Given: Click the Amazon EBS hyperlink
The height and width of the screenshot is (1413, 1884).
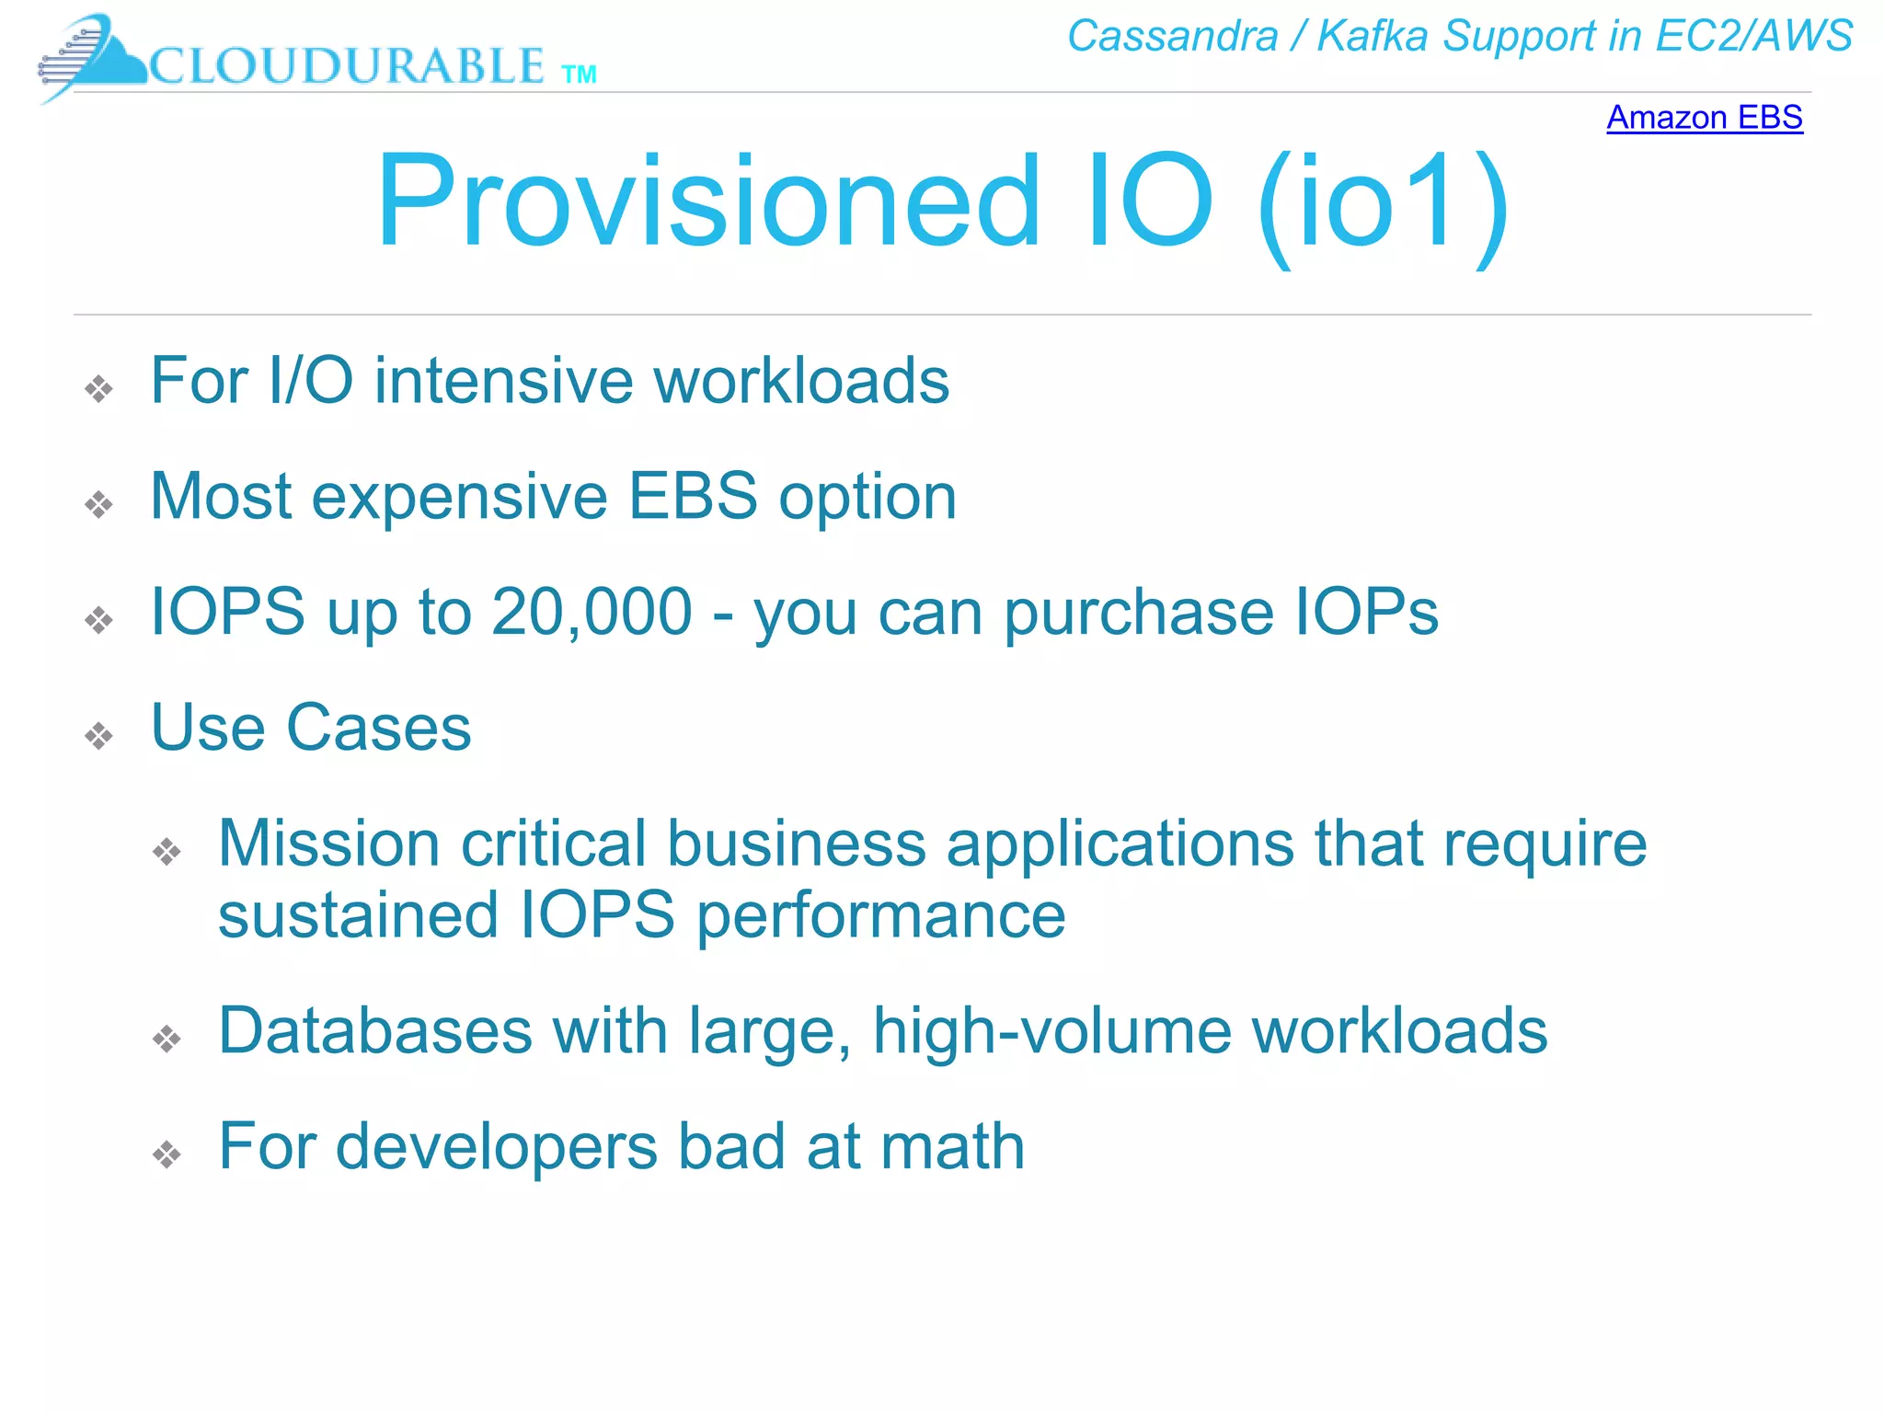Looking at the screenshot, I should [1704, 118].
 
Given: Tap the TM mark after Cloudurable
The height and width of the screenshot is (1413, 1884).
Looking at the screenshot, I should [579, 75].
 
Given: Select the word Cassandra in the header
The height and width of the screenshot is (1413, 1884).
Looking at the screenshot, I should [1172, 37].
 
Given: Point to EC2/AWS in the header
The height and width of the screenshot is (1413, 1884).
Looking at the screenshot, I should [1752, 37].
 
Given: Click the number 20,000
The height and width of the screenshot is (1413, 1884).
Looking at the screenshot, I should [592, 612].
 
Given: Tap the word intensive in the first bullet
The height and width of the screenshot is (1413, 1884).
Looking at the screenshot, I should [500, 381].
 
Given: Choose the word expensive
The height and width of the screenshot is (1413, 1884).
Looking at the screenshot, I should [459, 497].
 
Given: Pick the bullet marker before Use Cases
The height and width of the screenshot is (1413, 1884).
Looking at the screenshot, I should [98, 736].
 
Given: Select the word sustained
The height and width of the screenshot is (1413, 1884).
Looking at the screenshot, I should [358, 915].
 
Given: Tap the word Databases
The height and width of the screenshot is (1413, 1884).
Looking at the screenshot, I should [375, 1030].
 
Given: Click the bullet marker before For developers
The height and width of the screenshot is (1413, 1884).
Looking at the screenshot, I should [167, 1155].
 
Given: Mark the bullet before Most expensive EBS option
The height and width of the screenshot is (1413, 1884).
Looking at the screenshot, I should [98, 504].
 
